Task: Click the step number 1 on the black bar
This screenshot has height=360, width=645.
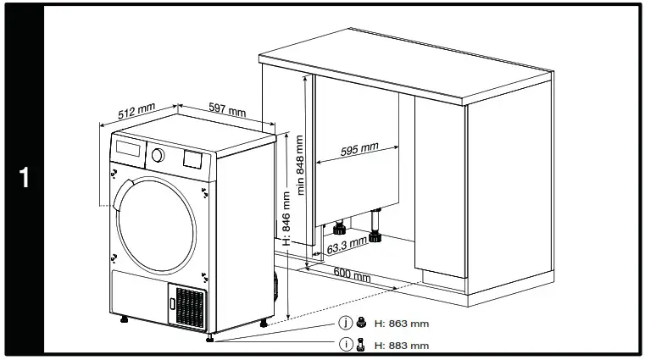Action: coord(24,179)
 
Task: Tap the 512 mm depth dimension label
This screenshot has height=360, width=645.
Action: coord(136,111)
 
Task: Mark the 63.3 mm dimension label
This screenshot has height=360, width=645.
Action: coord(347,246)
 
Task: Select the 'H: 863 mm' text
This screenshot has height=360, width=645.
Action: coord(400,324)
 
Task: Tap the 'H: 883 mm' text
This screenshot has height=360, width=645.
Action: coord(400,345)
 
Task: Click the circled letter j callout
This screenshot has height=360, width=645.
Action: coord(345,324)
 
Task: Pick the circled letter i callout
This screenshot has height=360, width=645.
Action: coord(345,345)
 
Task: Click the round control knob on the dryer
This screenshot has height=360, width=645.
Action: coord(157,155)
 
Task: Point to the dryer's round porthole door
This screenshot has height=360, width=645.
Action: coord(157,218)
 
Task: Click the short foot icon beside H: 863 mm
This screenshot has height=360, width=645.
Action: coord(361,324)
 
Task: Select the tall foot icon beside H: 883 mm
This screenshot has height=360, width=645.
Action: coord(361,344)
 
